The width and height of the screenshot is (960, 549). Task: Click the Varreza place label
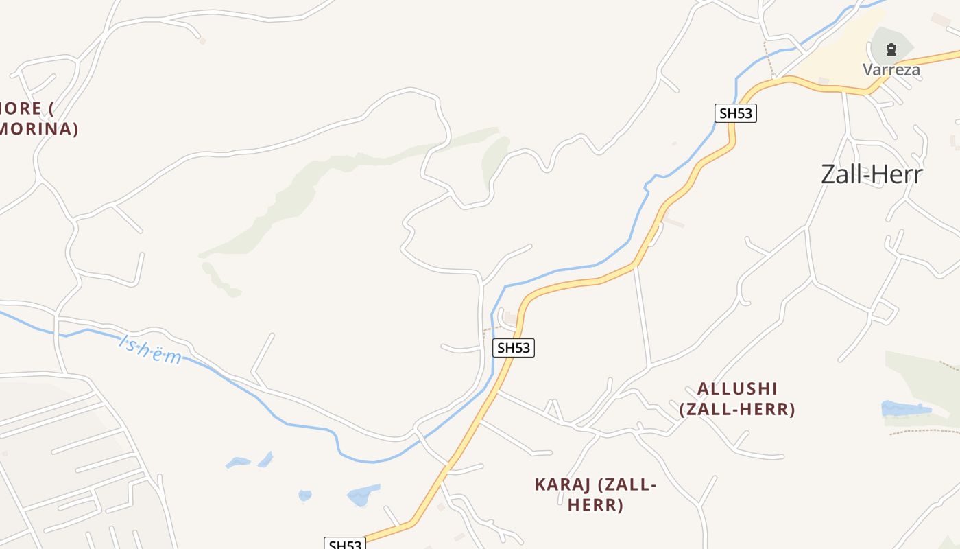(x=891, y=69)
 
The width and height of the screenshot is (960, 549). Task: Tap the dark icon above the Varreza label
(x=891, y=49)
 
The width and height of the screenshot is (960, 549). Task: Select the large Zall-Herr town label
(x=872, y=174)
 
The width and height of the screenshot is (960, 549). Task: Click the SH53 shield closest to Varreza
(x=735, y=113)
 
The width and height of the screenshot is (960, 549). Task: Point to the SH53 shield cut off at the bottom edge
(x=345, y=544)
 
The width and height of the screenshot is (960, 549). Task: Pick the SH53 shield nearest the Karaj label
(x=513, y=348)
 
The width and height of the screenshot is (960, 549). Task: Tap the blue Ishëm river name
(x=151, y=349)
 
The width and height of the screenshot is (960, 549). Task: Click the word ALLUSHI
(x=737, y=388)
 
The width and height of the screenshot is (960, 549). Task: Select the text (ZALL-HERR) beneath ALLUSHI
(x=737, y=410)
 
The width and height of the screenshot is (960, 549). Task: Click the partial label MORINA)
(x=39, y=129)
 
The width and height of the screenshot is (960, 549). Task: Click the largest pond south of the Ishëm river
(x=363, y=494)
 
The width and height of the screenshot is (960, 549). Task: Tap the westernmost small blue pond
(x=238, y=463)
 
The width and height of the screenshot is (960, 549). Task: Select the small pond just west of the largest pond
(x=305, y=495)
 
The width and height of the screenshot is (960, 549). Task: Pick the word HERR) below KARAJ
(x=595, y=506)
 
